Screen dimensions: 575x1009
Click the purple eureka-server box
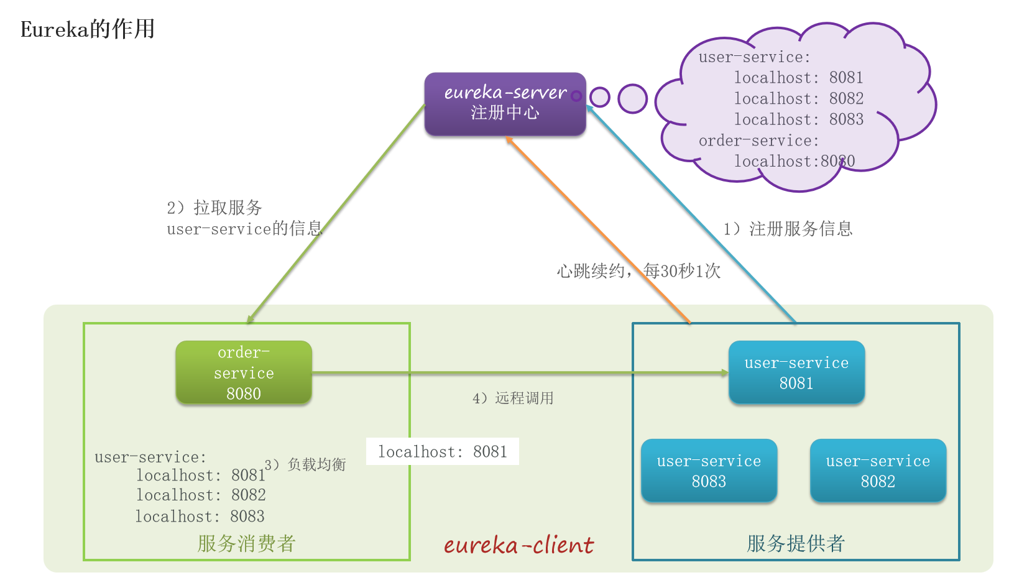click(505, 104)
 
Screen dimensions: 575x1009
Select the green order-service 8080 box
click(244, 373)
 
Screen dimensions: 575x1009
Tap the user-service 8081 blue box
click(796, 373)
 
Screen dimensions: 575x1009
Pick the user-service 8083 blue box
click(709, 471)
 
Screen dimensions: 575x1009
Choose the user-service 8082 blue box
click(878, 471)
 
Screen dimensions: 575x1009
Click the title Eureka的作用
click(88, 29)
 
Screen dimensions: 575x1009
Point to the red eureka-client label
click(518, 545)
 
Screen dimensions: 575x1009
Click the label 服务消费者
click(246, 544)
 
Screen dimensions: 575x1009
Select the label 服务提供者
click(796, 544)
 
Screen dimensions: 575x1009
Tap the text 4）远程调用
click(513, 398)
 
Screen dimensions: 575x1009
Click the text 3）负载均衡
click(305, 464)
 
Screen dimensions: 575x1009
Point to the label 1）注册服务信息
click(788, 229)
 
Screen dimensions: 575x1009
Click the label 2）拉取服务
click(214, 208)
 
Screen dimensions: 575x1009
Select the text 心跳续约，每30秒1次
click(638, 271)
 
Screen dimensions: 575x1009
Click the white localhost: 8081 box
click(443, 452)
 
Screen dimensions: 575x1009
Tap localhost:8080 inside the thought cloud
click(795, 162)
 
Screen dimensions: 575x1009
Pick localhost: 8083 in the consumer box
click(200, 517)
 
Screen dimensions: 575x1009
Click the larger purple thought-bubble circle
click(633, 98)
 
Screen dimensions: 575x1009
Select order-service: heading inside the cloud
click(758, 141)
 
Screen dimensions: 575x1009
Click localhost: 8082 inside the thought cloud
click(799, 99)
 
